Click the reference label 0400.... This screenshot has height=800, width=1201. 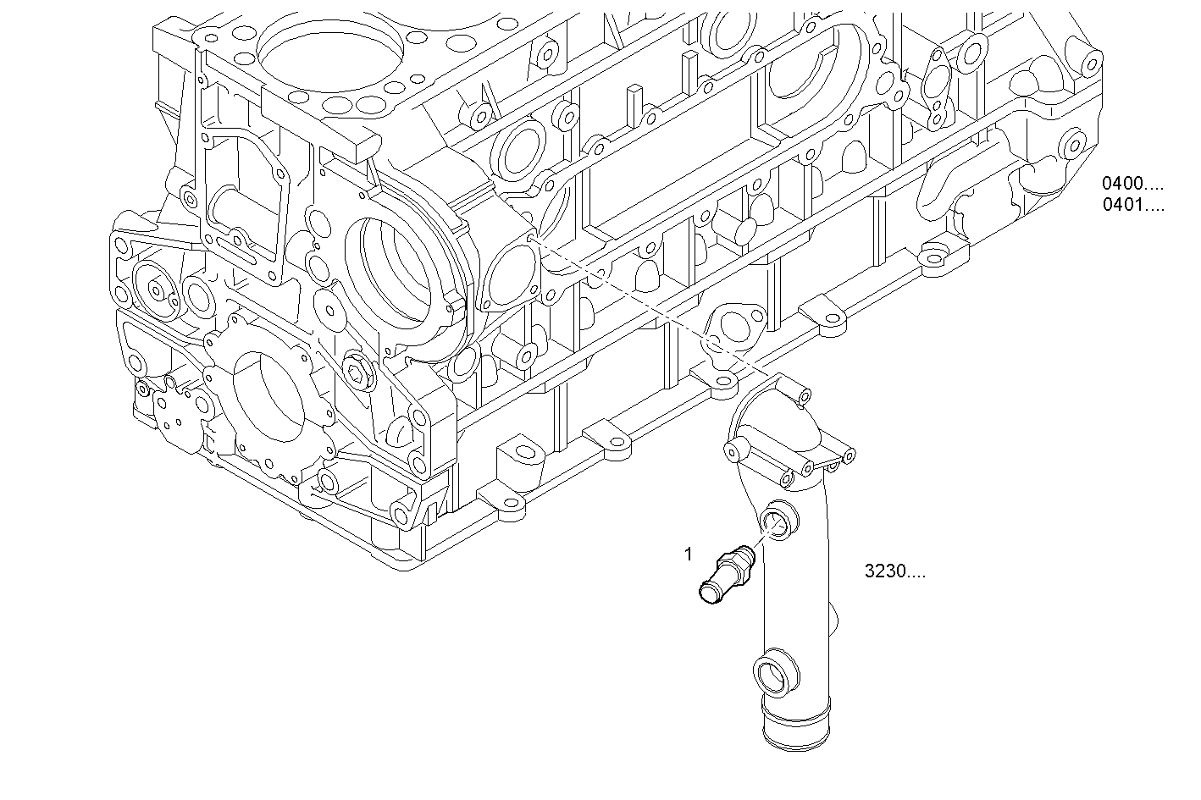click(1132, 183)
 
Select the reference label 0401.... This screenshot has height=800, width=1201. click(1132, 205)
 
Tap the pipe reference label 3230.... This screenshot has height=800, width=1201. click(894, 571)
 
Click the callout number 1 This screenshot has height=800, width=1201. click(689, 554)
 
